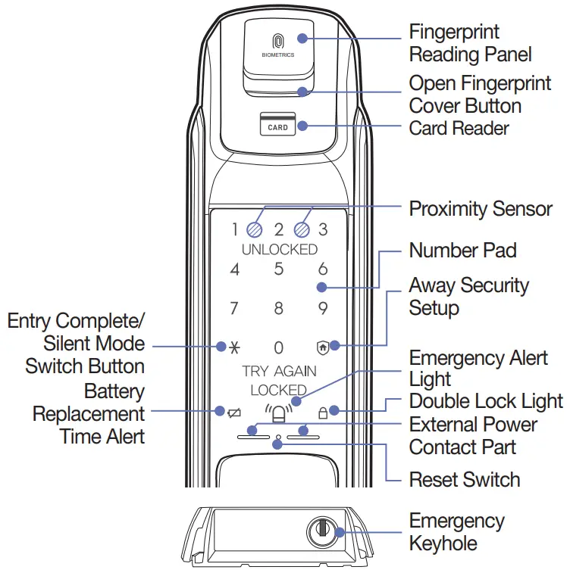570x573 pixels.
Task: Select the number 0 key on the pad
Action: click(278, 347)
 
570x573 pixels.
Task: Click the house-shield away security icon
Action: click(323, 347)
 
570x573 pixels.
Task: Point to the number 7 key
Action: click(234, 309)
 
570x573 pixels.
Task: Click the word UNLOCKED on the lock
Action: click(279, 249)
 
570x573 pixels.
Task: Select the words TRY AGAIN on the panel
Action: click(279, 372)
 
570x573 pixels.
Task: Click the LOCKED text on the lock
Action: click(278, 391)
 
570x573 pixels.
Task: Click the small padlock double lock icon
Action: click(324, 413)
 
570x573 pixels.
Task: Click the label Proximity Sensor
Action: click(481, 209)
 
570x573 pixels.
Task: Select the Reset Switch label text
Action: click(464, 480)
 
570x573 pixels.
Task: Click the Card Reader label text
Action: click(459, 128)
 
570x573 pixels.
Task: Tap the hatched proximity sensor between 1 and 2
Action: click(255, 229)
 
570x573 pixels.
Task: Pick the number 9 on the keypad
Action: click(323, 309)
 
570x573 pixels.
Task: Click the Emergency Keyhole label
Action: click(456, 532)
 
